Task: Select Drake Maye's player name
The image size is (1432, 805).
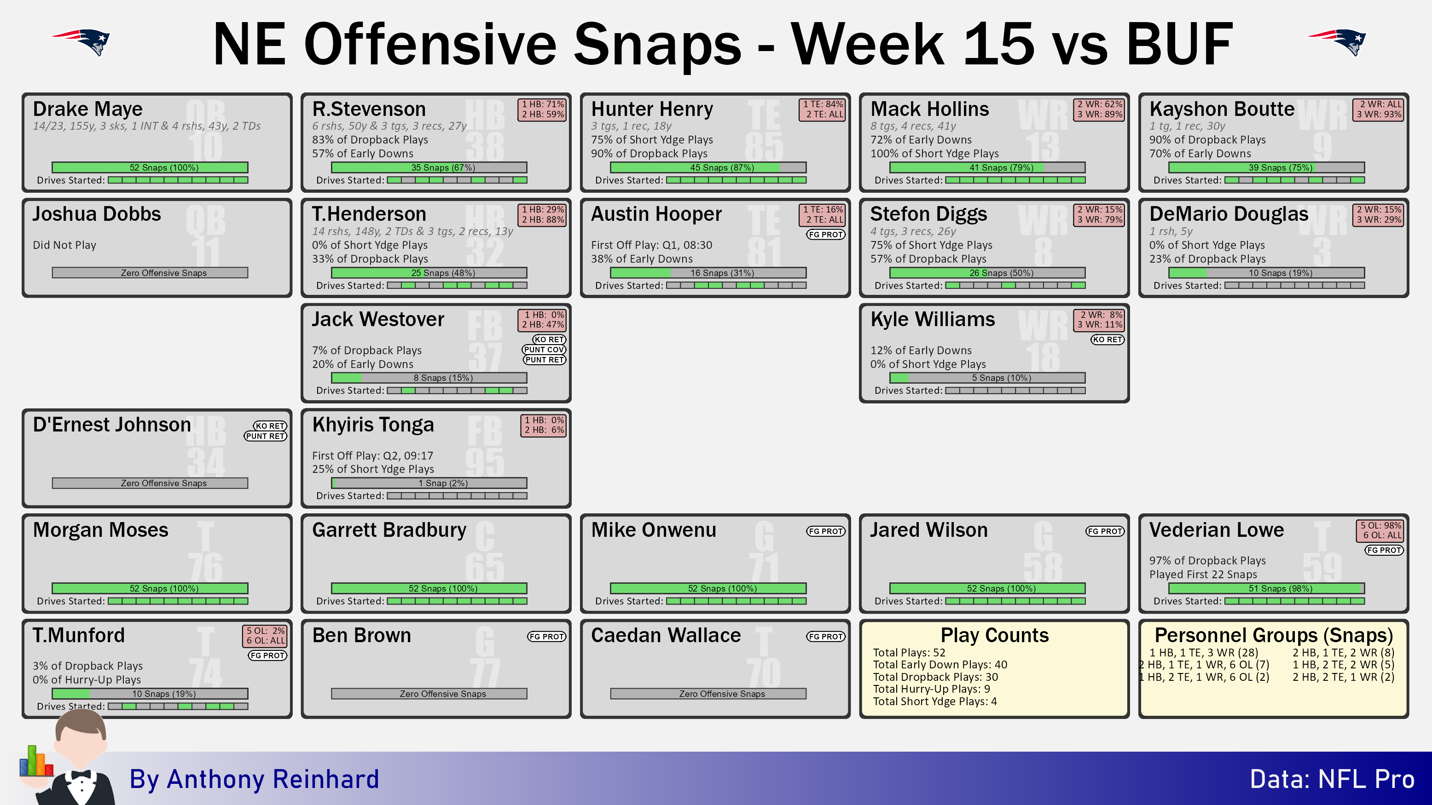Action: click(x=87, y=109)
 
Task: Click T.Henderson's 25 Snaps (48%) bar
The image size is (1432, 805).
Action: click(x=429, y=273)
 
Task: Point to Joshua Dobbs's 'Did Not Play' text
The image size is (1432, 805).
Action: click(x=64, y=245)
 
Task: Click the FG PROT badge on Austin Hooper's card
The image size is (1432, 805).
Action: click(x=825, y=235)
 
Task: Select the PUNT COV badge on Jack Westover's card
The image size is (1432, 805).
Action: click(x=544, y=350)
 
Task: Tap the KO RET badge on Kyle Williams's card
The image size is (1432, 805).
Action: click(x=1107, y=339)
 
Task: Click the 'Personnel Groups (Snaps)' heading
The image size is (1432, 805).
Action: click(x=1274, y=635)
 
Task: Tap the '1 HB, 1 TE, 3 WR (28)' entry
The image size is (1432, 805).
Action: click(x=1204, y=653)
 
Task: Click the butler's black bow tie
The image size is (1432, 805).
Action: click(x=81, y=775)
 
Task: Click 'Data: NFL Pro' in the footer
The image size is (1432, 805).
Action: click(x=1332, y=779)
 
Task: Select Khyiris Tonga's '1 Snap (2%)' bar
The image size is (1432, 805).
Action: click(x=429, y=483)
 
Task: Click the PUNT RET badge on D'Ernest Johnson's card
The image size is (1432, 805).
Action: click(x=265, y=436)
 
